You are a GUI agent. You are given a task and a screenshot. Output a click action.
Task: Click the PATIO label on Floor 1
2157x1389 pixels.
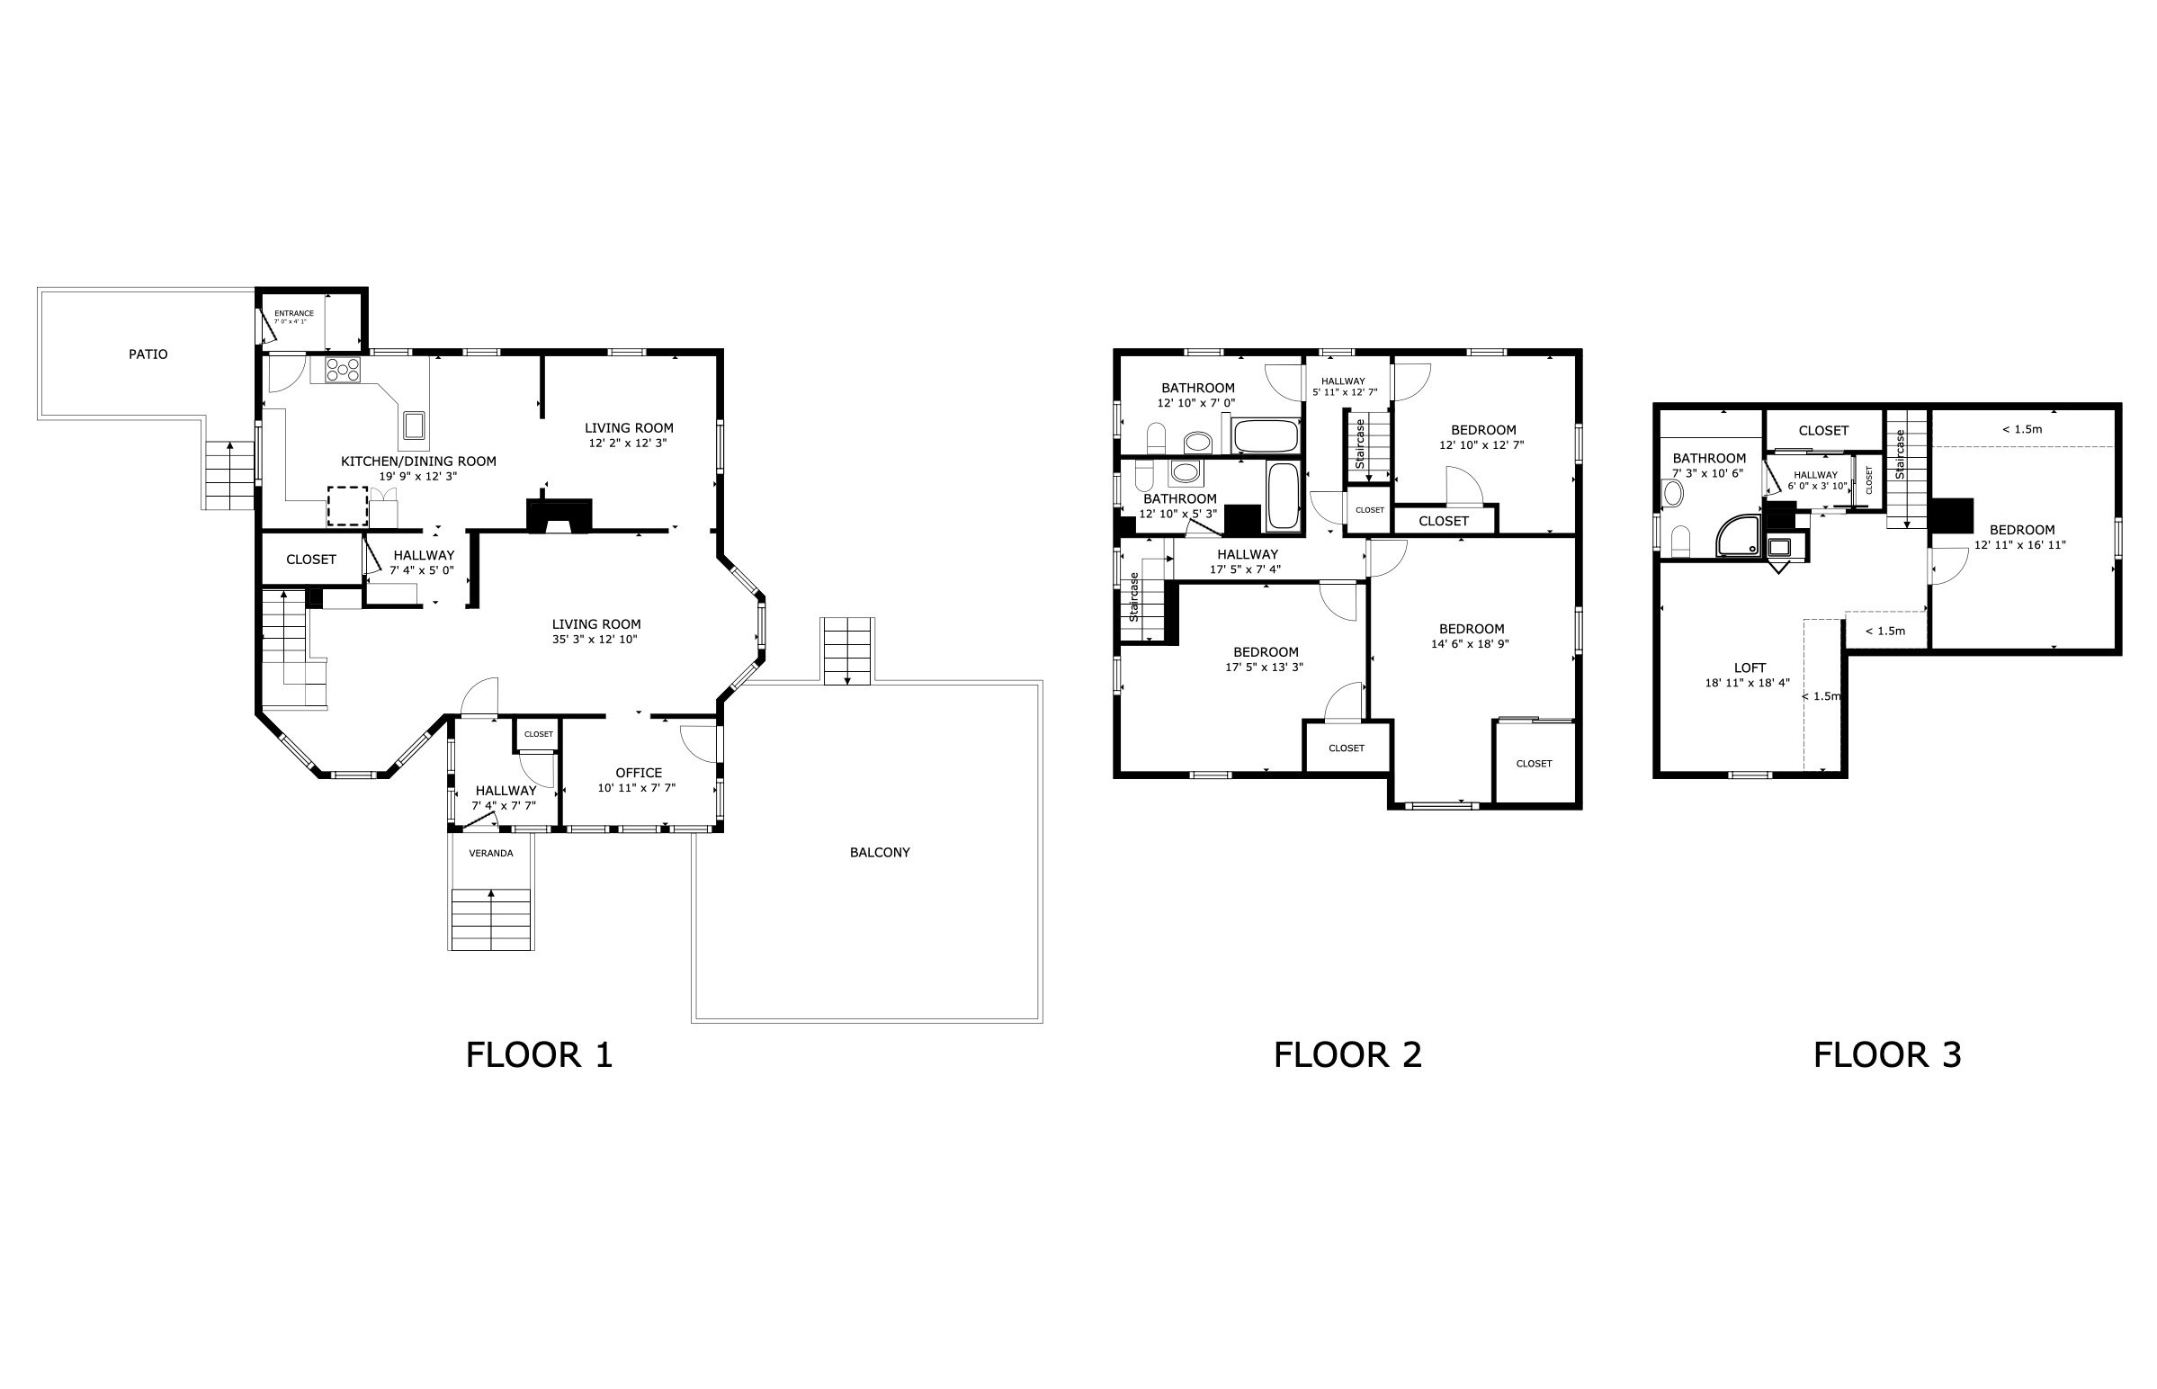point(148,354)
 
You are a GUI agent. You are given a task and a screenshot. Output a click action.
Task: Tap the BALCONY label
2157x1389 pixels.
point(879,852)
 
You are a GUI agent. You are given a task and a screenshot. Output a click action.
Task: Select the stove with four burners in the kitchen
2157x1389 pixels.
point(343,369)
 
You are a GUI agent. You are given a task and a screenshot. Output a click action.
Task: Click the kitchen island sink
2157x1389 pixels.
point(414,423)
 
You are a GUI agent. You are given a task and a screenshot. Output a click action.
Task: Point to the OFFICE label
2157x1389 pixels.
point(639,773)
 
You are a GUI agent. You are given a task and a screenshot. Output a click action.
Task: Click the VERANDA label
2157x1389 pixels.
point(490,853)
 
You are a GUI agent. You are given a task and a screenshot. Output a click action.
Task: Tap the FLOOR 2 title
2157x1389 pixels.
point(1347,1054)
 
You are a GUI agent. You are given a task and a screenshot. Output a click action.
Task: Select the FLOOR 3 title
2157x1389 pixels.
point(1887,1054)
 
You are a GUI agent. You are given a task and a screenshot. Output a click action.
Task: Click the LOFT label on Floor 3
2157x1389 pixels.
point(1750,668)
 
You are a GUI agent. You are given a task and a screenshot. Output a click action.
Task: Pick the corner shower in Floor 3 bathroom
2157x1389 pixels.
point(1738,537)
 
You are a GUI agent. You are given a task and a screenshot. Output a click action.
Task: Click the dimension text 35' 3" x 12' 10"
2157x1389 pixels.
point(596,640)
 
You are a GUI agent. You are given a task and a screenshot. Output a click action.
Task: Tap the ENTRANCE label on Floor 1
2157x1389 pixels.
point(294,314)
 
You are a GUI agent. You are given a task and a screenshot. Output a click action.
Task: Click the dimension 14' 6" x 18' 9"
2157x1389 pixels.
point(1470,644)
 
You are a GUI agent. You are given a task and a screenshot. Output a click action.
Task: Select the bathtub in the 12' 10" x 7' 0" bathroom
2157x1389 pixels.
point(1266,436)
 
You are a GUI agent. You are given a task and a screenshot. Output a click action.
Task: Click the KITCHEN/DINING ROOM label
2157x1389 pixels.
point(418,462)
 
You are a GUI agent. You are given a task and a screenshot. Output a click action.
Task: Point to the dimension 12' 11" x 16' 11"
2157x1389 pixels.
point(2020,545)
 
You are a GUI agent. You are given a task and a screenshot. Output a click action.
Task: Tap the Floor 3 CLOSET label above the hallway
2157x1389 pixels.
point(1823,431)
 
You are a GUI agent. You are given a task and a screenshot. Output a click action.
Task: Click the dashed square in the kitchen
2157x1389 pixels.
point(347,506)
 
